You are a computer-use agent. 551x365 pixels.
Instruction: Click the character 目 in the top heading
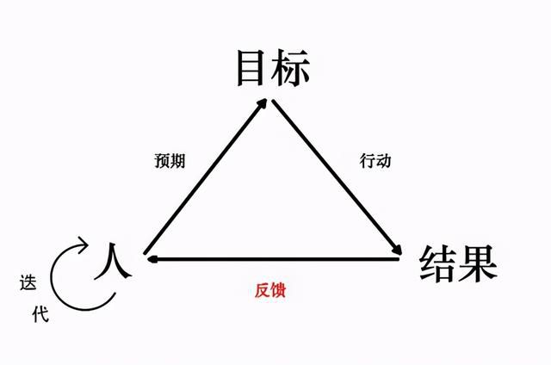point(252,69)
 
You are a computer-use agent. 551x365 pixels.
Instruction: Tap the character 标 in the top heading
point(290,69)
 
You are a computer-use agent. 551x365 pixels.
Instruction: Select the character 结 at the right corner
point(439,263)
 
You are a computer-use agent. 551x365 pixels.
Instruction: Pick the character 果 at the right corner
point(479,263)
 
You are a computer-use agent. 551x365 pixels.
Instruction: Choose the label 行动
point(375,160)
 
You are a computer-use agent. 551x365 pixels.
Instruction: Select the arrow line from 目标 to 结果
point(336,177)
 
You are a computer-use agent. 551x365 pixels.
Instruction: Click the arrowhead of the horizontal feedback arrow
point(149,257)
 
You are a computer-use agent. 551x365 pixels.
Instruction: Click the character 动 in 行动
point(384,160)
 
